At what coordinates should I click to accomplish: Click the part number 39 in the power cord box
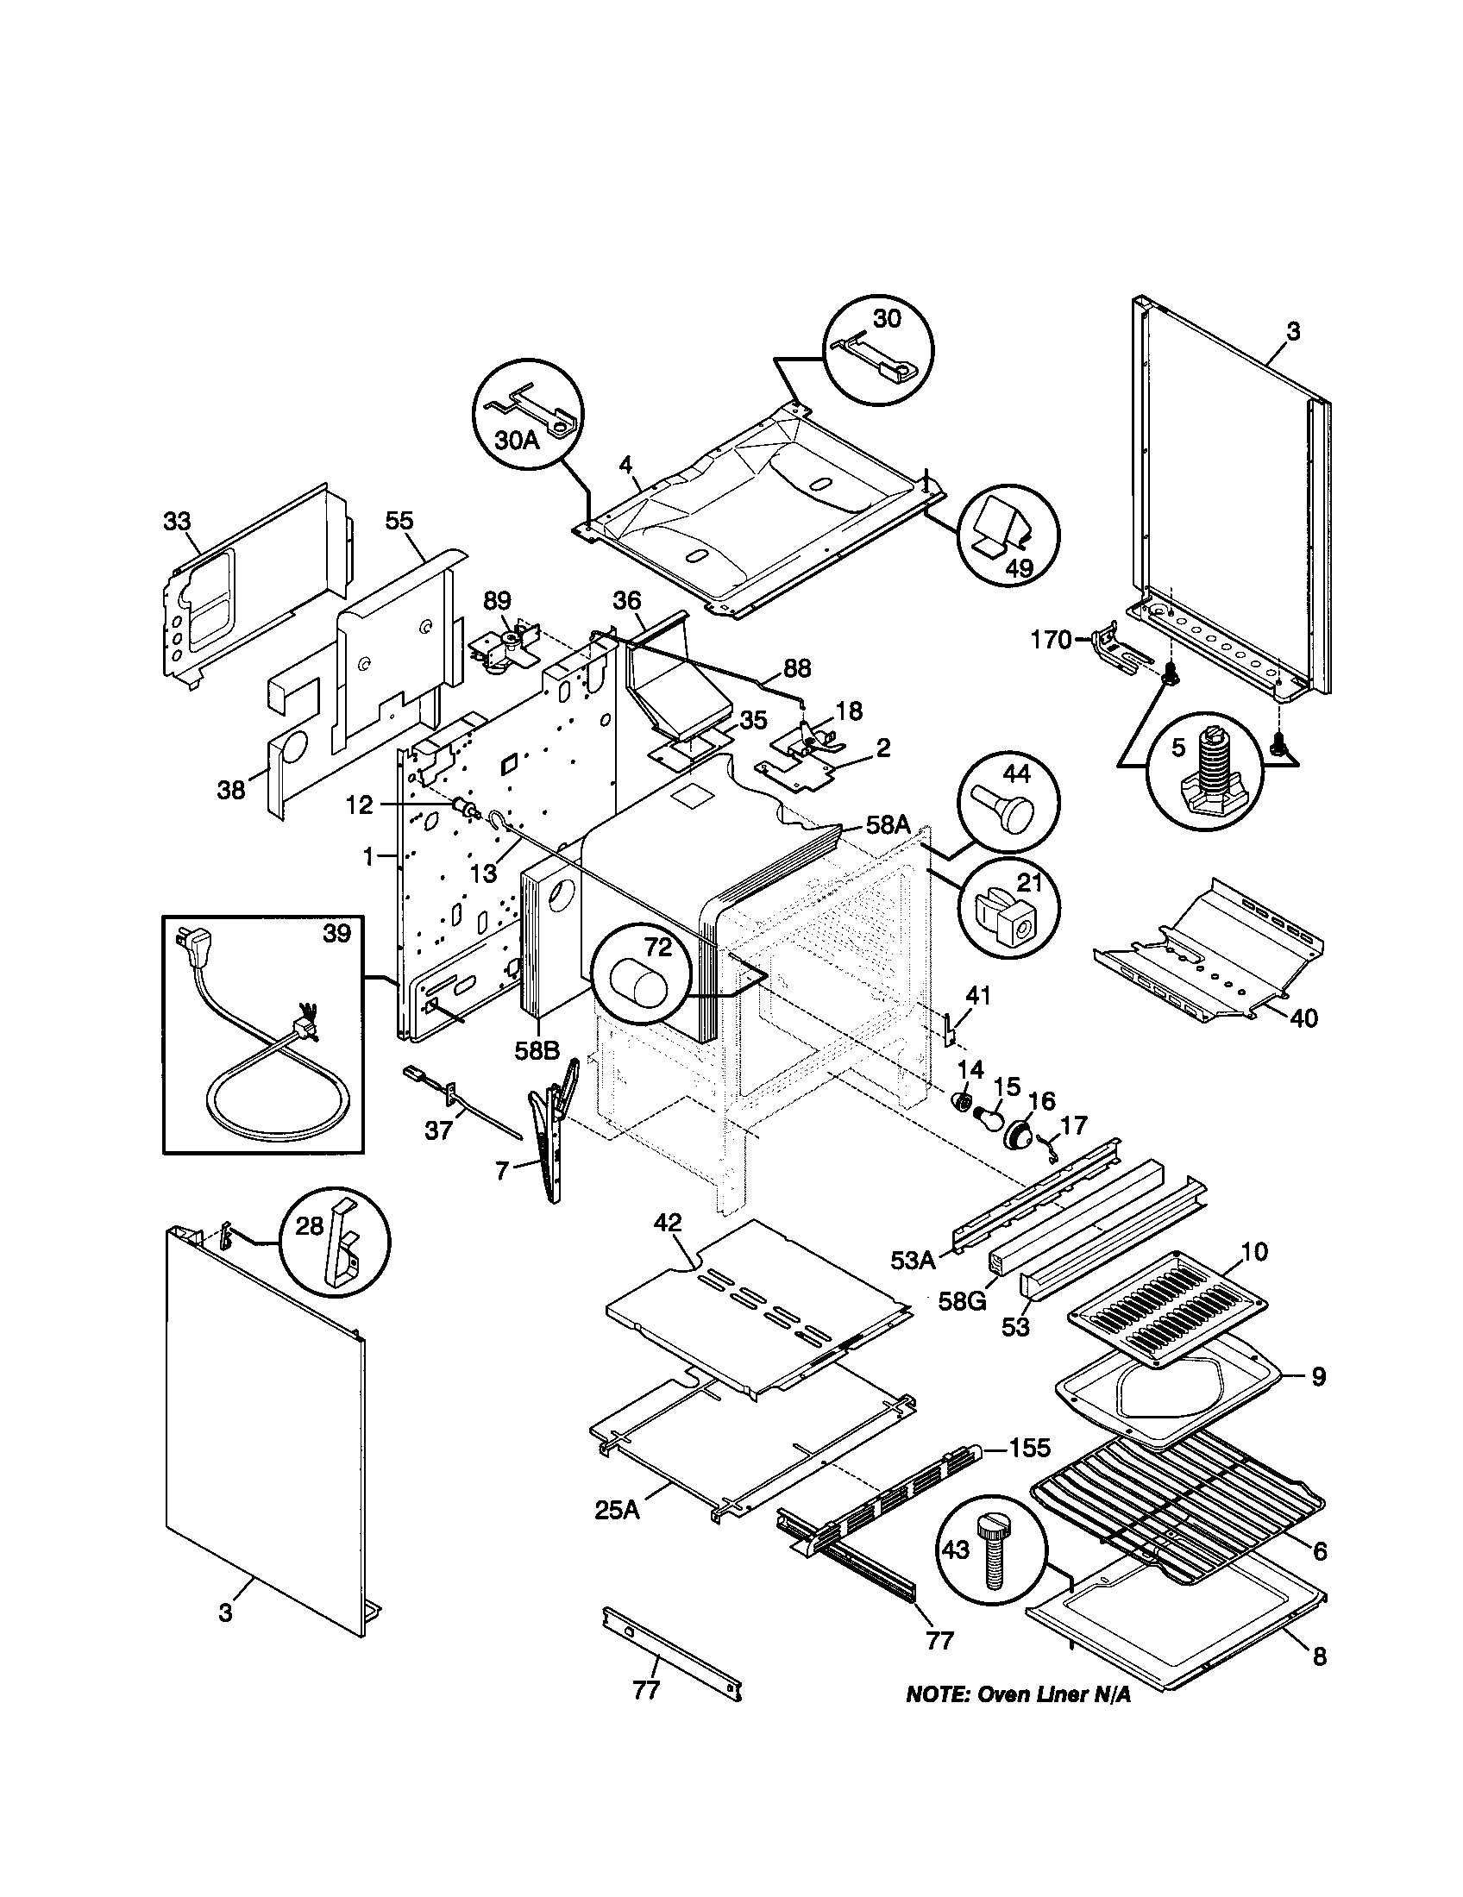[x=337, y=933]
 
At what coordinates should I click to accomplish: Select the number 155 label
[x=1029, y=1448]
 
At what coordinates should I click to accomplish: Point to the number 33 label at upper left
[x=177, y=521]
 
